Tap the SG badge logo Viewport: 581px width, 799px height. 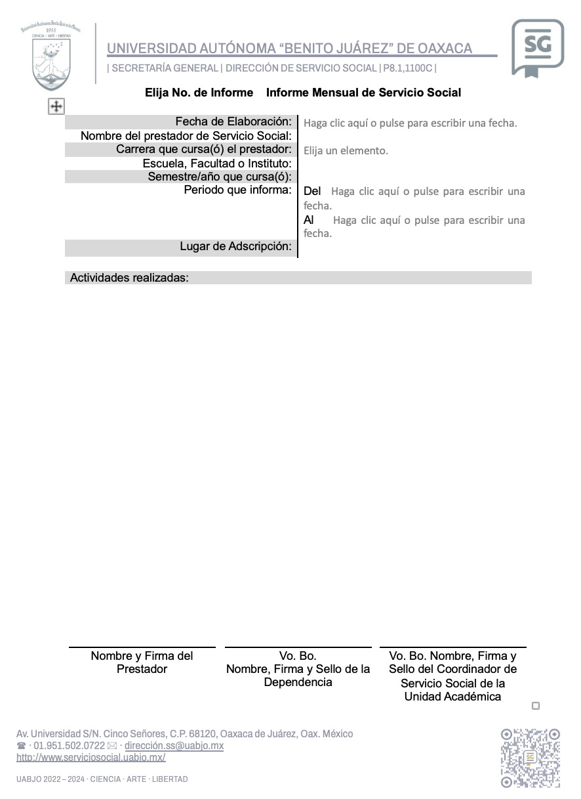click(537, 47)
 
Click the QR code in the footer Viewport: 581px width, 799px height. click(531, 757)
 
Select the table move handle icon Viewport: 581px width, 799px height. click(56, 106)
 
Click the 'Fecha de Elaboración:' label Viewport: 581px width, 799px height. click(233, 122)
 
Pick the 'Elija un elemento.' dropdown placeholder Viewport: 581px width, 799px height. click(346, 151)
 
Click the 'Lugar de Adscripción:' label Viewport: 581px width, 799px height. click(235, 247)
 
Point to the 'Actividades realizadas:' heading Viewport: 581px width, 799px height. click(129, 278)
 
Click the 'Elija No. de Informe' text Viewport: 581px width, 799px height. click(199, 93)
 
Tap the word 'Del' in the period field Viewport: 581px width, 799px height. click(312, 191)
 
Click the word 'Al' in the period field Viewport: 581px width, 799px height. click(309, 220)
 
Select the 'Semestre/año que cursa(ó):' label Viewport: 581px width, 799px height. click(220, 177)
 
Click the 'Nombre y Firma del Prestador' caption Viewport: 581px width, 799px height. click(142, 662)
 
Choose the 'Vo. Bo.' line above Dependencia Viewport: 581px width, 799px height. click(298, 656)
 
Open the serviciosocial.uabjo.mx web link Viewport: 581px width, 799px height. click(91, 758)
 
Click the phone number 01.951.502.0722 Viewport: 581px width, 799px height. click(69, 746)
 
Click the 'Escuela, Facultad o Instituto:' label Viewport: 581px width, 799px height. click(217, 163)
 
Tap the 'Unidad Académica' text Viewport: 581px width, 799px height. click(452, 697)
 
